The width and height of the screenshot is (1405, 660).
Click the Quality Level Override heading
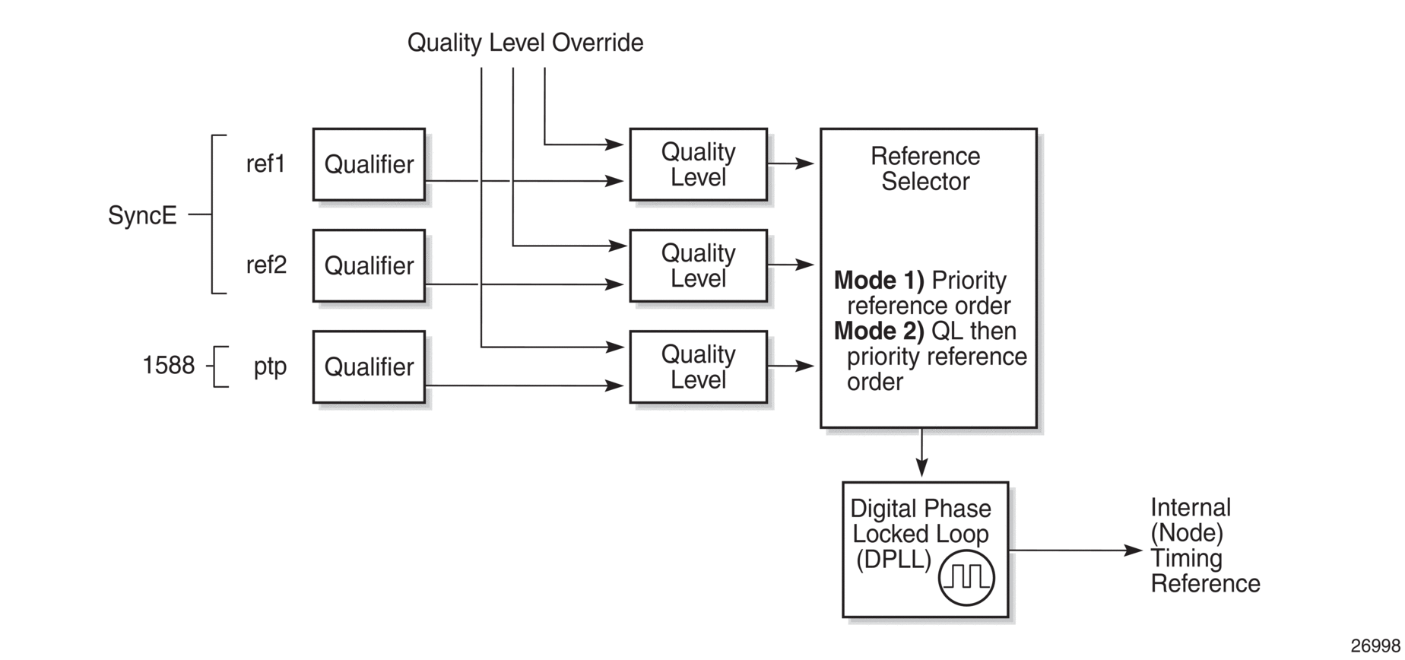[x=525, y=43]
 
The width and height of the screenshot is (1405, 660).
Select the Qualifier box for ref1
[x=369, y=164]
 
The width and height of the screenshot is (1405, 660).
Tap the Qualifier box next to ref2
[x=369, y=265]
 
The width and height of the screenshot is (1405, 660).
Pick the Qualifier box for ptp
[x=369, y=366]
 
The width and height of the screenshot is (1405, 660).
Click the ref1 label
[x=265, y=163]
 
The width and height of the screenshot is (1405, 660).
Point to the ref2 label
[x=266, y=265]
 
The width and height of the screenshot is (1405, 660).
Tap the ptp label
[x=270, y=367]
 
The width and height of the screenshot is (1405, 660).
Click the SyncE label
[x=142, y=215]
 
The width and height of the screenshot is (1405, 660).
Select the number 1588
[x=169, y=366]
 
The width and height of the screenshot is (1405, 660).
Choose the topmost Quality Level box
[x=698, y=164]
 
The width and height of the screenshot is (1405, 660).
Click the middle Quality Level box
[x=698, y=265]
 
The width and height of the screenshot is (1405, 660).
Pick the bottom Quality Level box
[x=698, y=366]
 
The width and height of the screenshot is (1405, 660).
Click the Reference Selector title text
[x=925, y=169]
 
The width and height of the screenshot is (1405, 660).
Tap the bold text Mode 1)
[x=879, y=281]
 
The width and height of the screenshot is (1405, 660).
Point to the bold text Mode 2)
[x=879, y=332]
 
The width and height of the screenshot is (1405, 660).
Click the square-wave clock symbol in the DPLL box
[x=966, y=578]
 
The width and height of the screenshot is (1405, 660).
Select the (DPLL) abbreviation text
[x=893, y=560]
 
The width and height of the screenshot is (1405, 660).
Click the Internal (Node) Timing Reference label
[x=1205, y=545]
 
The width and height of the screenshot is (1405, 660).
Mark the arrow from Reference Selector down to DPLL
[x=922, y=453]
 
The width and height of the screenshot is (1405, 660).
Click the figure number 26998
[x=1375, y=646]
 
